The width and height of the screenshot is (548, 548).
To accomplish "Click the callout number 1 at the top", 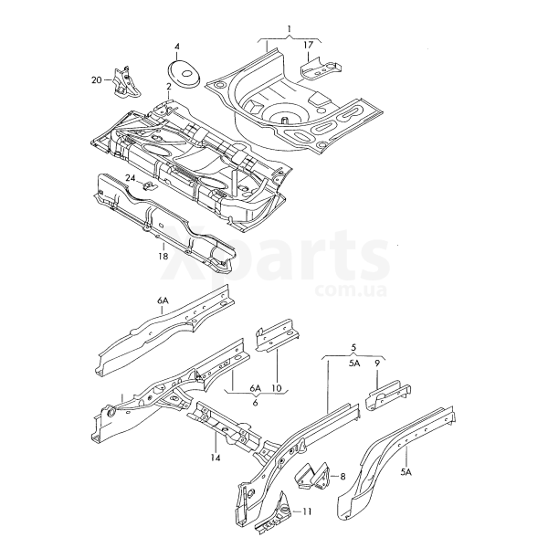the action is click(289, 28).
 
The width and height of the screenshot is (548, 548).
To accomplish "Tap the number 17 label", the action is click(309, 45).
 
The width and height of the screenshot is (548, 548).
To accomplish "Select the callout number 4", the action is click(177, 47).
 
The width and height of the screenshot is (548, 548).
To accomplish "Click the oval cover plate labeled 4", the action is click(184, 73).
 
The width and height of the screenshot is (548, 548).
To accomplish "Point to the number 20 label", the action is click(97, 80).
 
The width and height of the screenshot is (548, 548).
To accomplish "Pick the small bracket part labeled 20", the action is click(126, 82).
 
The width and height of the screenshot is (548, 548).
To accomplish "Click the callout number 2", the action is click(168, 86).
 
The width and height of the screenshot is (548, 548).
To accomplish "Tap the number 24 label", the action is click(131, 178).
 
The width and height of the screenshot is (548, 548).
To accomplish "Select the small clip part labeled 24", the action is click(149, 185).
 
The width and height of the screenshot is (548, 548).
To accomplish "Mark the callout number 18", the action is click(163, 256).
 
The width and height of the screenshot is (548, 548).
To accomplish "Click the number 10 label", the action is click(276, 388).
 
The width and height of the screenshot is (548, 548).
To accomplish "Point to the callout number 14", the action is click(216, 458).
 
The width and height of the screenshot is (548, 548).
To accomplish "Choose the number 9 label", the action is click(377, 364).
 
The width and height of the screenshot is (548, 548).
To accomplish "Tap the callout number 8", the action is click(342, 476).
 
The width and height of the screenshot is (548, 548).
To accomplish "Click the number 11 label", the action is click(307, 512).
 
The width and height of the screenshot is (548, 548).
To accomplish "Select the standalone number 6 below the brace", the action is click(255, 403).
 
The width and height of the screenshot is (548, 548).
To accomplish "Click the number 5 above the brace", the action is click(353, 347).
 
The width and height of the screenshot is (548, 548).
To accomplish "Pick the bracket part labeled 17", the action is click(321, 68).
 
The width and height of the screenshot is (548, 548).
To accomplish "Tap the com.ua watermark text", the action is click(352, 290).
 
